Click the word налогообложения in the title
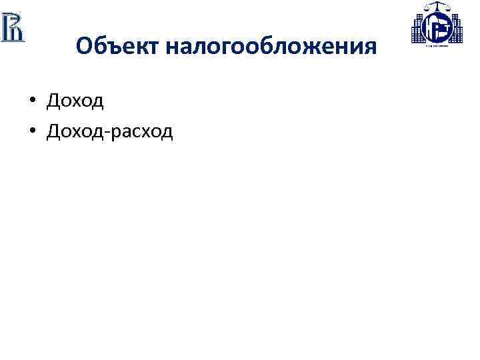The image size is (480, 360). pyautogui.click(x=271, y=47)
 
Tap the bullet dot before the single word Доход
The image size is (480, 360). pyautogui.click(x=31, y=101)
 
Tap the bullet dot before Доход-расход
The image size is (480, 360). pyautogui.click(x=31, y=131)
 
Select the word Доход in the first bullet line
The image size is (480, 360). pyautogui.click(x=75, y=101)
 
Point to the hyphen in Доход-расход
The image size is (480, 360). pyautogui.click(x=107, y=132)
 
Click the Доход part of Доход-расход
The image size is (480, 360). pyautogui.click(x=75, y=131)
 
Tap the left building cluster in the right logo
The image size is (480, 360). pyautogui.click(x=419, y=29)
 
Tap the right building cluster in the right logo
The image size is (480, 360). pyautogui.click(x=457, y=29)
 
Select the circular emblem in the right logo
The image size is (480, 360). pyautogui.click(x=437, y=28)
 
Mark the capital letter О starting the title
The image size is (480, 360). pyautogui.click(x=84, y=47)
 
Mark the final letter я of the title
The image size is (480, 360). pyautogui.click(x=371, y=47)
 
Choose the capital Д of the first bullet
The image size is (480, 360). pyautogui.click(x=53, y=101)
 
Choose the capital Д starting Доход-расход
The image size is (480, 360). pyautogui.click(x=53, y=131)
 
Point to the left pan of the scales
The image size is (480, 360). pyautogui.click(x=425, y=9)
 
